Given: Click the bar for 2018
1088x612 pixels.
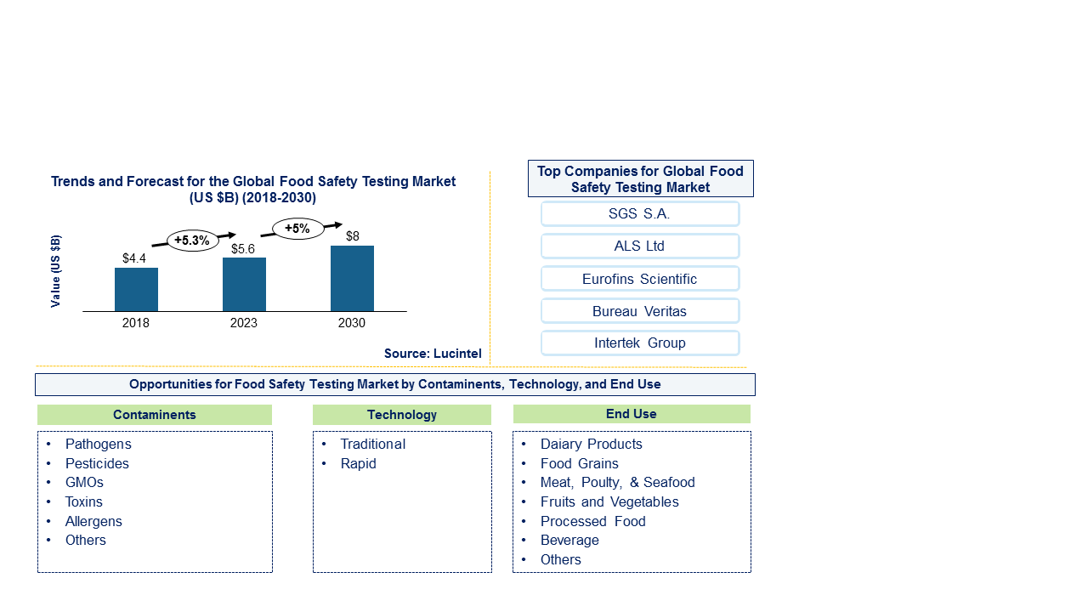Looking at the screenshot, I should click(x=136, y=290).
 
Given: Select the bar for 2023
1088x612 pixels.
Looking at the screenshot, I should click(x=244, y=285).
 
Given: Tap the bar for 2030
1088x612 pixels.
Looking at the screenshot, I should click(x=352, y=279).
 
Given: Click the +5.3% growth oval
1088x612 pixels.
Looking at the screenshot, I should click(x=192, y=241).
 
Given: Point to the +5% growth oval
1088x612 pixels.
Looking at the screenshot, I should click(x=297, y=229).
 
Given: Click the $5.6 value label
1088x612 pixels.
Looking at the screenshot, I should click(x=244, y=249).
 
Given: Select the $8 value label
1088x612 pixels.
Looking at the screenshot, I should click(x=352, y=236).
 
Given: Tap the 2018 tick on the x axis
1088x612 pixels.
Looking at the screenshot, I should click(x=136, y=323).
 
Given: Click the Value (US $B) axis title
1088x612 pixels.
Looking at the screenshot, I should click(x=56, y=271).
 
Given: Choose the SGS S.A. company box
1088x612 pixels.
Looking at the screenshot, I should click(x=639, y=214).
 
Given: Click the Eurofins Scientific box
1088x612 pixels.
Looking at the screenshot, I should click(x=639, y=279).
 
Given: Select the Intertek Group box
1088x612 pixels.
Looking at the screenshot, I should click(x=639, y=343).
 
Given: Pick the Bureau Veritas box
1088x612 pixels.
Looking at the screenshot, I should click(x=639, y=311).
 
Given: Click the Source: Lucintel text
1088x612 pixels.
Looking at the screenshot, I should click(x=432, y=354).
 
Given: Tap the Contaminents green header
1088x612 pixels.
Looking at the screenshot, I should click(x=155, y=415).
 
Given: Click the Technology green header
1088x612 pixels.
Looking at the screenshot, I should click(x=402, y=415).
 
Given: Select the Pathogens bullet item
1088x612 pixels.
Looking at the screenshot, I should click(x=99, y=444).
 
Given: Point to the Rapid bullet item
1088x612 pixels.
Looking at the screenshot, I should click(x=358, y=463).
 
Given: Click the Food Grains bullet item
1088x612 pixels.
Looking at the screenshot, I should click(x=579, y=463).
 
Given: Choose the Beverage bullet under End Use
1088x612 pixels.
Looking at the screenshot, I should click(x=569, y=540).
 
